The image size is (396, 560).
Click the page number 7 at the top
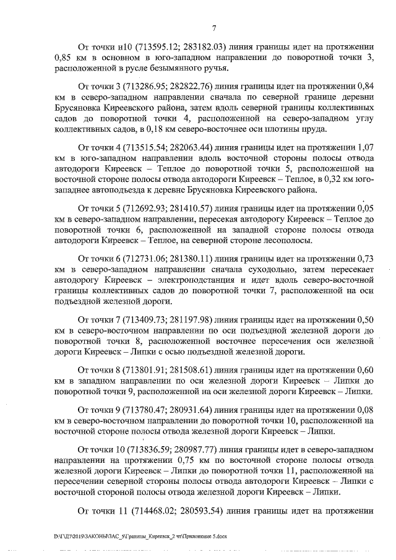tap(213, 28)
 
